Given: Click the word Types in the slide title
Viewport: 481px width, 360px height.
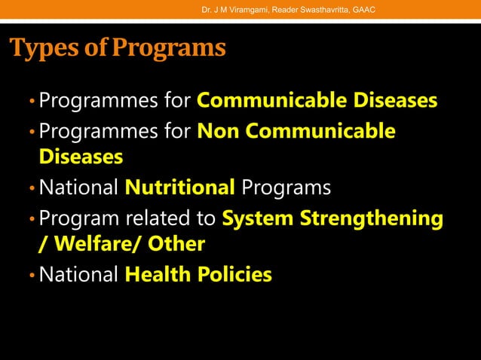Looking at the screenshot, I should click(43, 47).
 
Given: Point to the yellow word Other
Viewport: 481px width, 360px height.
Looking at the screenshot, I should click(177, 245).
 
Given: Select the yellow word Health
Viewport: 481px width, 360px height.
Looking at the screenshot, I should click(155, 275).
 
